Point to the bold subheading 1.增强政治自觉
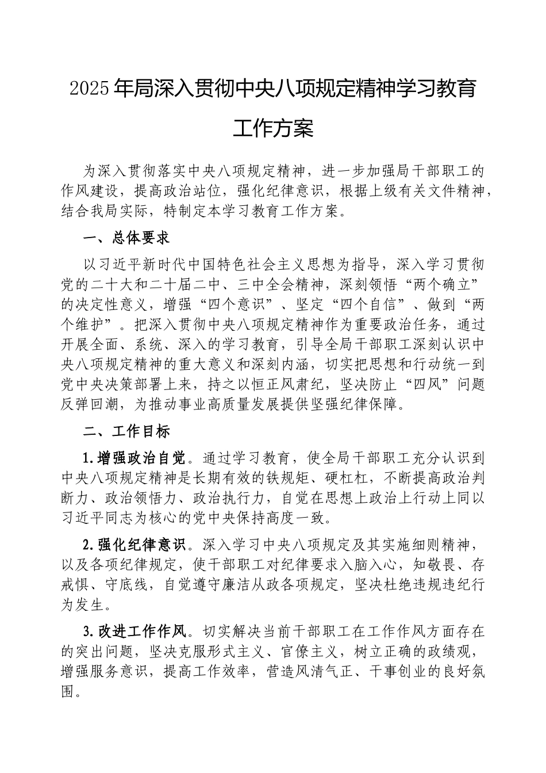pyautogui.click(x=135, y=458)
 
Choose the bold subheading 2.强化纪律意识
pyautogui.click(x=135, y=544)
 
